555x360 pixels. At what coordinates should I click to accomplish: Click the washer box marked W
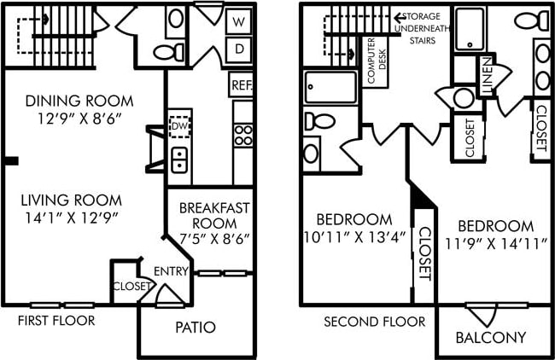[240, 21]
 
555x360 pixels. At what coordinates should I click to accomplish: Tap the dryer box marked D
[240, 48]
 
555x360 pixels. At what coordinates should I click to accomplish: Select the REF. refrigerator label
[242, 85]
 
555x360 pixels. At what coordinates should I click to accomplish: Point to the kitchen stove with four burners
[243, 134]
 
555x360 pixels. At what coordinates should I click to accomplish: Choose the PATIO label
[196, 327]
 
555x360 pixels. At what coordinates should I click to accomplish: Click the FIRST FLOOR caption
[55, 321]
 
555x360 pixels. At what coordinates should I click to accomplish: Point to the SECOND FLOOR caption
[374, 322]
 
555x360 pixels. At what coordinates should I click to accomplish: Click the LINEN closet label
[488, 76]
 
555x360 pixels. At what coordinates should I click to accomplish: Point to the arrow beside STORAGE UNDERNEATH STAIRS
[397, 16]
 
